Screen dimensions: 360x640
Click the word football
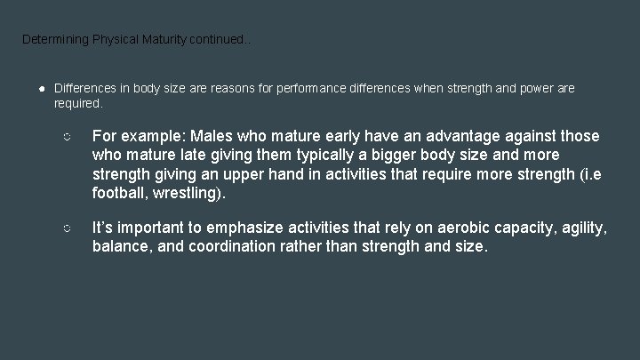click(120, 193)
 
